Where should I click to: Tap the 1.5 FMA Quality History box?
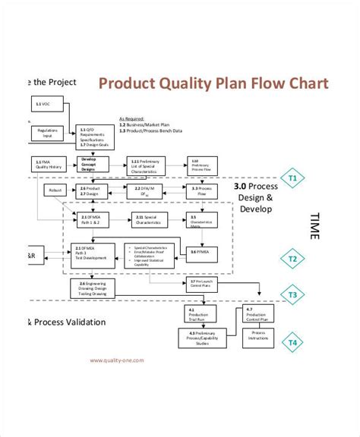pyautogui.click(x=45, y=163)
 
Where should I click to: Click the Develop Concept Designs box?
pyautogui.click(x=89, y=163)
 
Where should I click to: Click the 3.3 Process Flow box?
pyautogui.click(x=201, y=190)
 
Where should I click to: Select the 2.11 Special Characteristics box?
pyautogui.click(x=147, y=219)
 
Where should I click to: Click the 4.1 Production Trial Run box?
pyautogui.click(x=195, y=313)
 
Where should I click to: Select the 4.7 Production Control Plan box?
pyautogui.click(x=257, y=313)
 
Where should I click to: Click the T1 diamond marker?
pyautogui.click(x=292, y=179)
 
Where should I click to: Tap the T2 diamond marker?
pyautogui.click(x=292, y=259)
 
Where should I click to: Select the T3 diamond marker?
pyautogui.click(x=292, y=294)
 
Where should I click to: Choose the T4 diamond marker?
pyautogui.click(x=292, y=342)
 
